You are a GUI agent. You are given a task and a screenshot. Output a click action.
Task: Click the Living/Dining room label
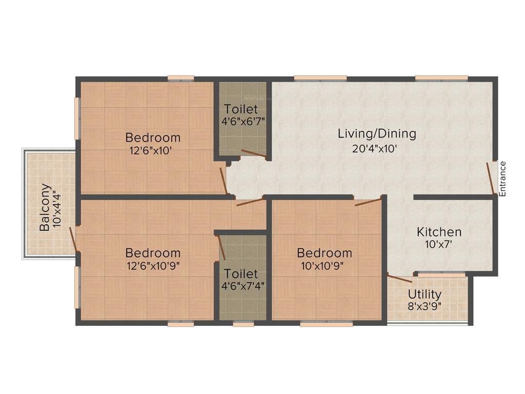376,134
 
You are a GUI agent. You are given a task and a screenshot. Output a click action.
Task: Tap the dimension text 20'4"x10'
376,149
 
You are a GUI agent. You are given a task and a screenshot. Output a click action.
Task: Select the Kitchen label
438,232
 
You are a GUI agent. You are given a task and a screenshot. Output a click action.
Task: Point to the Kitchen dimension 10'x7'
438,245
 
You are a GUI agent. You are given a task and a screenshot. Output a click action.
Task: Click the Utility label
425,294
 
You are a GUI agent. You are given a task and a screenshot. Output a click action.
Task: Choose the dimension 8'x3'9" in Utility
425,309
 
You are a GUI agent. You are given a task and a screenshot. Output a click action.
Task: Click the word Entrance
502,179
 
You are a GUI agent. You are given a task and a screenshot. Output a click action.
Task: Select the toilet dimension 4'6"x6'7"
243,123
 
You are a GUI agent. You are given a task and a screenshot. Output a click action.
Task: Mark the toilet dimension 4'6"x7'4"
243,286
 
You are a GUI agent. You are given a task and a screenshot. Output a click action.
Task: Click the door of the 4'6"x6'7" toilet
253,153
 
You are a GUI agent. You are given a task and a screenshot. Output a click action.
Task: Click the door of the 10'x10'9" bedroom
368,202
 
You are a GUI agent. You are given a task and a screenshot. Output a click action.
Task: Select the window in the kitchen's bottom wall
441,275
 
